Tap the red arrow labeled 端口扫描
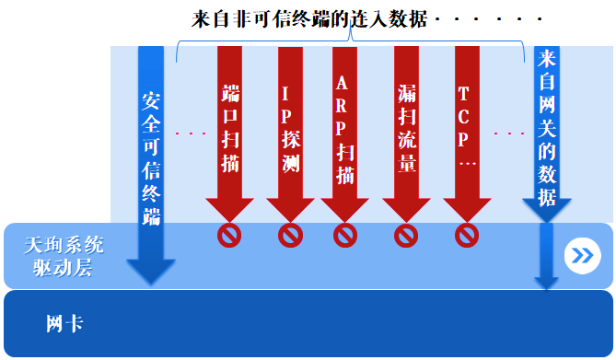pos(229,129)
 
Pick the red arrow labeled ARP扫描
pos(344,129)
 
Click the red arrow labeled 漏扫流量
pos(406,129)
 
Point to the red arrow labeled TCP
pos(467,129)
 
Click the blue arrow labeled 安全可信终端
pos(151,157)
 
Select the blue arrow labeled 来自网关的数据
pos(547,138)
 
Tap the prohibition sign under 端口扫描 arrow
pos(229,236)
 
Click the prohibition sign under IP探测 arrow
pos(290,236)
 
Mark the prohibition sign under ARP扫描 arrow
pos(344,236)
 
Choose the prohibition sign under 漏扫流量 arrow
pos(406,236)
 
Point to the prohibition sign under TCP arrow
pos(467,236)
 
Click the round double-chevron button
pos(581,255)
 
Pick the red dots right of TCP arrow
pos(508,134)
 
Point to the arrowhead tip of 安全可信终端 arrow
pos(151,282)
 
